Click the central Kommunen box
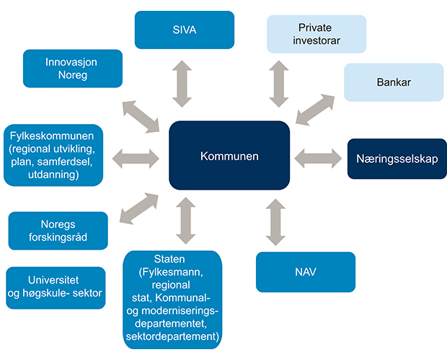[x=229, y=156]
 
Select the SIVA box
[x=185, y=30]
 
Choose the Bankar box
[x=393, y=82]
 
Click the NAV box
[x=306, y=271]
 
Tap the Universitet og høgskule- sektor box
[x=56, y=286]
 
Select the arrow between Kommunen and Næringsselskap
[x=318, y=155]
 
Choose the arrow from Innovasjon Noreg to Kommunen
[x=140, y=115]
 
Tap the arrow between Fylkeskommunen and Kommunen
[x=136, y=157]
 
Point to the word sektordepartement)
[x=171, y=335]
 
